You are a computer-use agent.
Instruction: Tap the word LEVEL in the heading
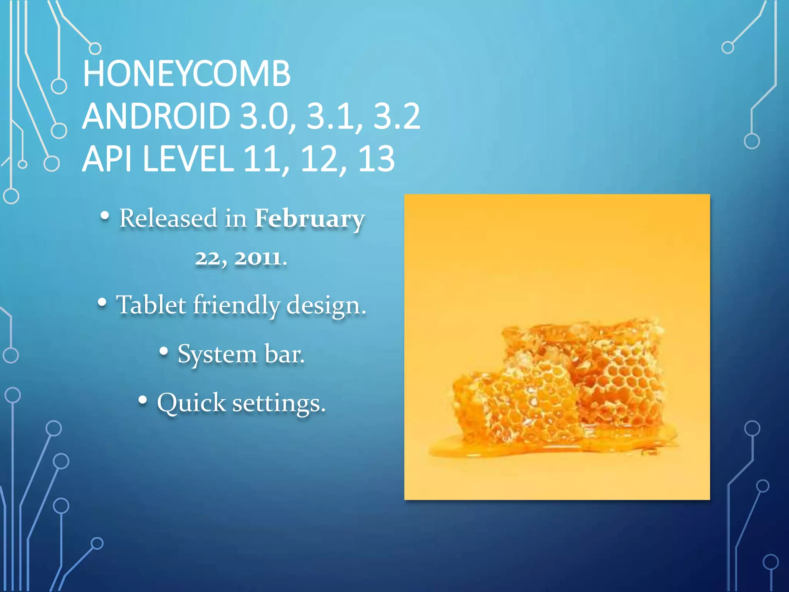tap(188, 159)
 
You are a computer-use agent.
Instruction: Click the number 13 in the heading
tap(376, 159)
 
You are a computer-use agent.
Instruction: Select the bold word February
tap(309, 219)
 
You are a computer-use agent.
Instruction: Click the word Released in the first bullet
tap(168, 218)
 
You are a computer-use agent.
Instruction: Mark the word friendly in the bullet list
tap(237, 305)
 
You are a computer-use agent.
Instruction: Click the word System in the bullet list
tap(217, 354)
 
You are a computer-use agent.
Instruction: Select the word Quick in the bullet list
tap(191, 403)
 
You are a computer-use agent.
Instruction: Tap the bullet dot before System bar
tap(164, 351)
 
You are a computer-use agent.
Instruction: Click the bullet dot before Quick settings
tap(143, 400)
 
